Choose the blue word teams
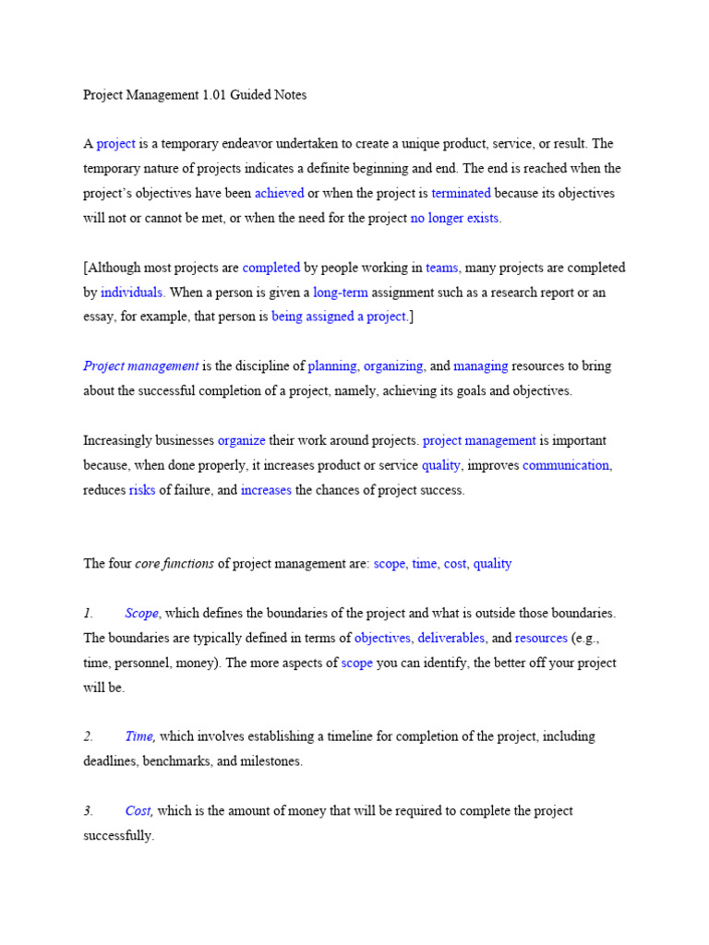click(x=441, y=268)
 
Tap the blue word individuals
click(x=133, y=293)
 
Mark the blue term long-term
click(x=340, y=293)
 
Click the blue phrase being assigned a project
click(x=339, y=317)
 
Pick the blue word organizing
click(x=394, y=366)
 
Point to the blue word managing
click(x=481, y=366)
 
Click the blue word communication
click(x=566, y=466)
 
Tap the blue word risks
click(x=142, y=491)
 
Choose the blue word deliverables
click(x=451, y=639)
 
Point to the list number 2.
click(x=89, y=737)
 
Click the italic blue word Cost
click(x=139, y=811)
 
